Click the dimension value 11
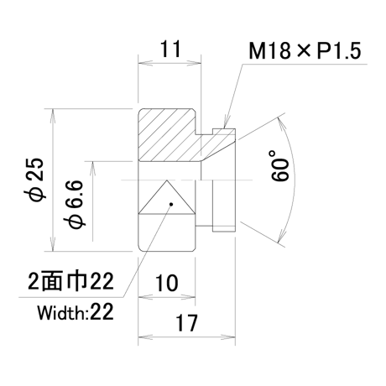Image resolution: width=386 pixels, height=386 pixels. (x=170, y=50)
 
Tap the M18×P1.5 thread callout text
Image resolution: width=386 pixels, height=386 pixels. (x=305, y=51)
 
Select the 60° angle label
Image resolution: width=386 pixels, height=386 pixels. (x=279, y=166)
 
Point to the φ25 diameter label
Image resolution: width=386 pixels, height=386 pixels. (x=36, y=180)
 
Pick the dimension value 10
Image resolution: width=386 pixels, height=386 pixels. (x=166, y=283)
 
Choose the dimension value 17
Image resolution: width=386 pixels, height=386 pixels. (x=186, y=323)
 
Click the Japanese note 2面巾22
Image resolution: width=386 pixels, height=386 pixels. (x=71, y=281)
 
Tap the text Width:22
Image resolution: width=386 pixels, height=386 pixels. (x=76, y=312)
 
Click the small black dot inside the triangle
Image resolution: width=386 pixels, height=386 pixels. (x=171, y=204)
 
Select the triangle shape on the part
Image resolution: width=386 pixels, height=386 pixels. (x=167, y=197)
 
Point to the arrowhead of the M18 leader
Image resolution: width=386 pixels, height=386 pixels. (x=226, y=124)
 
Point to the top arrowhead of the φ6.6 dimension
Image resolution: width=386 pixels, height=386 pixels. (x=92, y=169)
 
